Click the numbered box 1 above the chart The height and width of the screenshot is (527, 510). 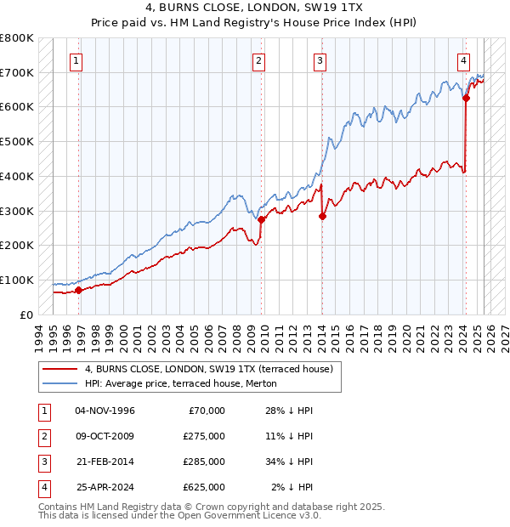[77, 60]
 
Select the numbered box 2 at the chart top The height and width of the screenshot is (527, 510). [258, 60]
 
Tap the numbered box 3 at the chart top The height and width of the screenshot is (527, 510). [320, 60]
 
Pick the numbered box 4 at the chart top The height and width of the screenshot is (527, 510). [463, 60]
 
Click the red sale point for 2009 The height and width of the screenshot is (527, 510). [262, 219]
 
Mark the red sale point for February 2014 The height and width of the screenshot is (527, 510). [323, 216]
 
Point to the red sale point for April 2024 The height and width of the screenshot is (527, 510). [466, 98]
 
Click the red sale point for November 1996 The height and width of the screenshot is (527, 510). [78, 290]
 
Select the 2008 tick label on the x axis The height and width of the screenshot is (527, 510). [237, 336]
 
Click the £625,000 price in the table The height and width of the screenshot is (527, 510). [204, 487]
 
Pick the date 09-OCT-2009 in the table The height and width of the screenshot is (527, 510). [105, 436]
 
